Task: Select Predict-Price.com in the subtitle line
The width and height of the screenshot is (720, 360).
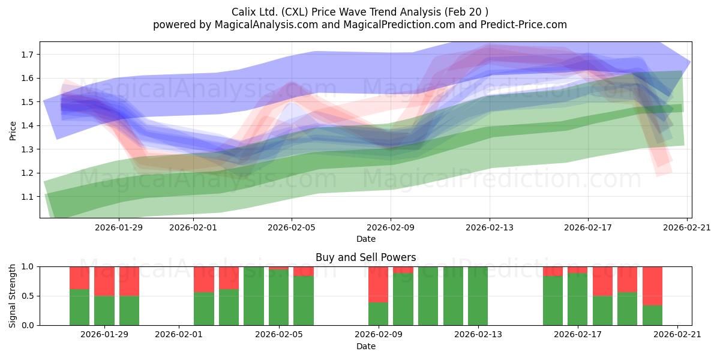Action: click(524, 25)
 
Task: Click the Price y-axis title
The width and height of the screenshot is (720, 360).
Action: click(13, 131)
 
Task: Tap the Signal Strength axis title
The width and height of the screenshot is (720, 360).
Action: click(12, 296)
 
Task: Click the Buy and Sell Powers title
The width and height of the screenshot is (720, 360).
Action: click(366, 257)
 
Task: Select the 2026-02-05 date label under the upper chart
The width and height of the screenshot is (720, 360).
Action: click(292, 227)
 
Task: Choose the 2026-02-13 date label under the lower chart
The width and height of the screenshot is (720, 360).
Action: click(478, 335)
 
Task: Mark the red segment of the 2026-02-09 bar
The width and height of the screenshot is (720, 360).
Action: click(379, 284)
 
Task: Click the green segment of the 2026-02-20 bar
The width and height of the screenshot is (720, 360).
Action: click(653, 316)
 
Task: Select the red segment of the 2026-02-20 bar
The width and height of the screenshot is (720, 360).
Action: click(653, 286)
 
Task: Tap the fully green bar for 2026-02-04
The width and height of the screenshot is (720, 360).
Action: click(254, 296)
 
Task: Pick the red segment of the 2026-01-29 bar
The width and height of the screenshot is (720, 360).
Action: click(104, 281)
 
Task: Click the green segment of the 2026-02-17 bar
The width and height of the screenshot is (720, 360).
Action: click(578, 299)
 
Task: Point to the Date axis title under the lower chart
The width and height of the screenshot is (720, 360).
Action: click(366, 346)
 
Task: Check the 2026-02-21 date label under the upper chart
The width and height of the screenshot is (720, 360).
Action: click(687, 227)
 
